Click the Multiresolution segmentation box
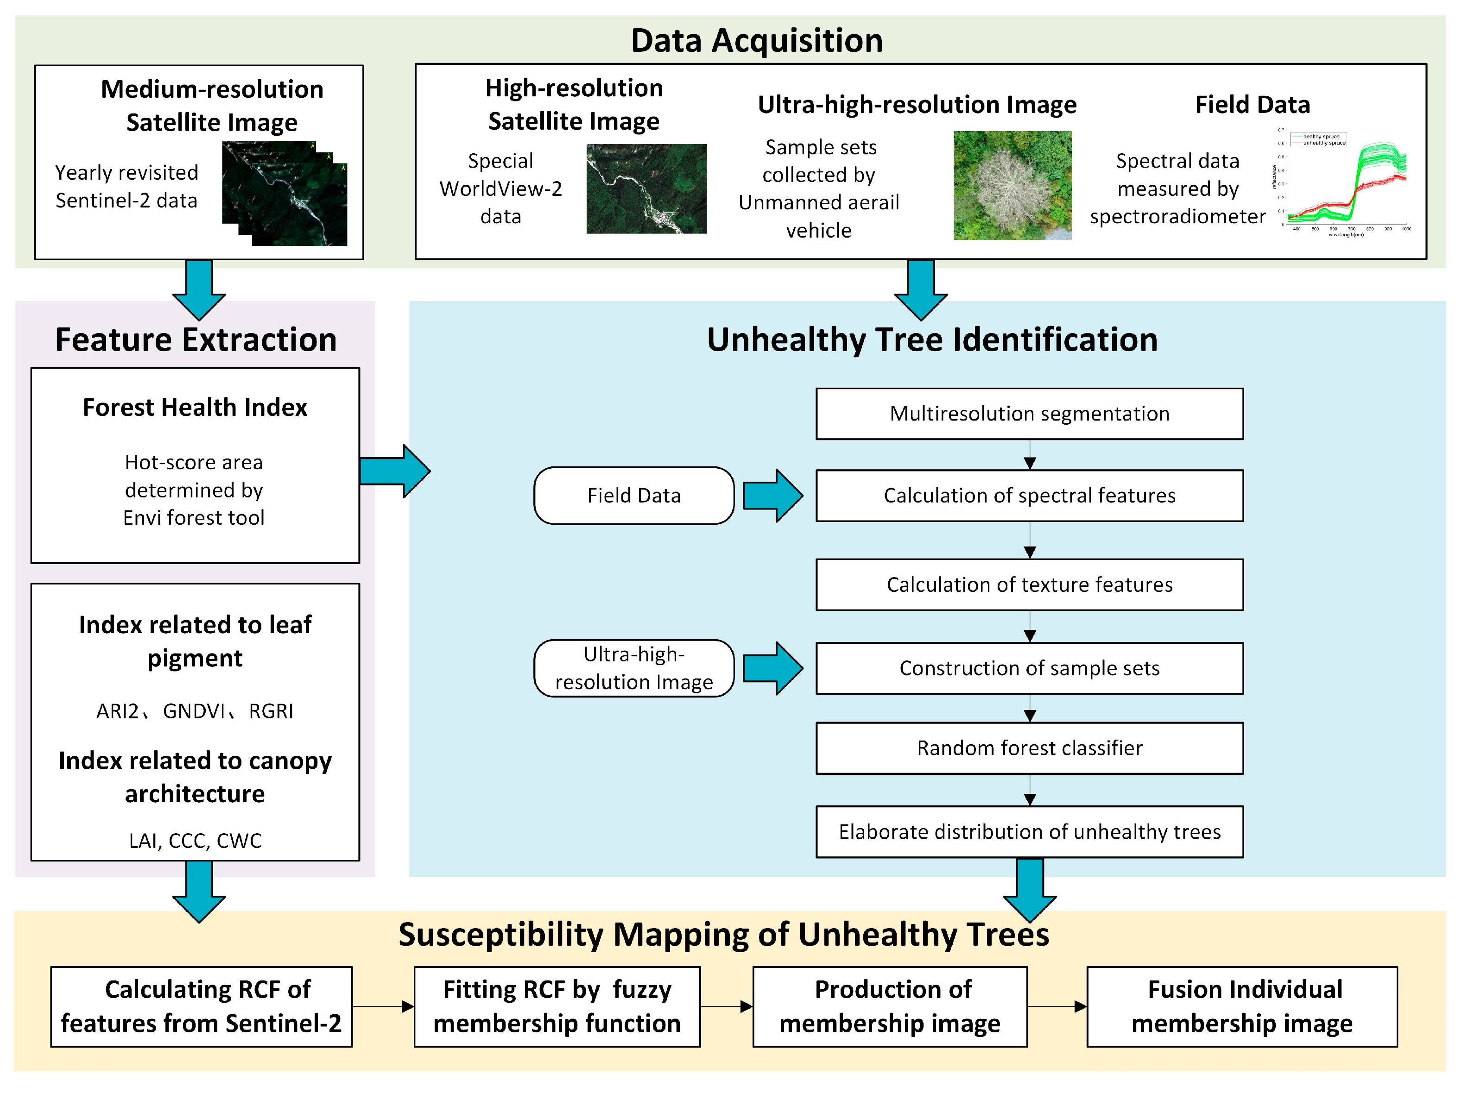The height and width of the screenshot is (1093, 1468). click(1029, 414)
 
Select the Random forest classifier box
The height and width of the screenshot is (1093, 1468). click(1029, 748)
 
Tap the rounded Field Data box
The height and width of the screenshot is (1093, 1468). click(633, 496)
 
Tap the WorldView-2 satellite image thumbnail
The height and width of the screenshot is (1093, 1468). click(646, 188)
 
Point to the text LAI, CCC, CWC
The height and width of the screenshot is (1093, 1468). click(195, 840)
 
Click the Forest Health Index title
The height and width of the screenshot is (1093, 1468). click(195, 407)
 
